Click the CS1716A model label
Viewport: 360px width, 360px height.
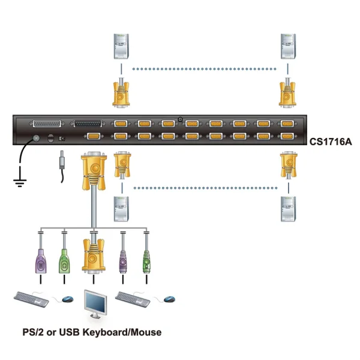(331, 143)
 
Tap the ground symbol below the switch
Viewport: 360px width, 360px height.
(20, 181)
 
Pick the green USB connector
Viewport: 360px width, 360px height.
(64, 260)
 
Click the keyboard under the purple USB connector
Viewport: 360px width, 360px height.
(31, 298)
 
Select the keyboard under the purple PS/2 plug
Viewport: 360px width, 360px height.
(133, 298)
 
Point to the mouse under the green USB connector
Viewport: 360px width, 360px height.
(68, 299)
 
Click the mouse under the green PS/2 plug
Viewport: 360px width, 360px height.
(170, 299)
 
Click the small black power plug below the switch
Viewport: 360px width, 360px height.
(62, 163)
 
